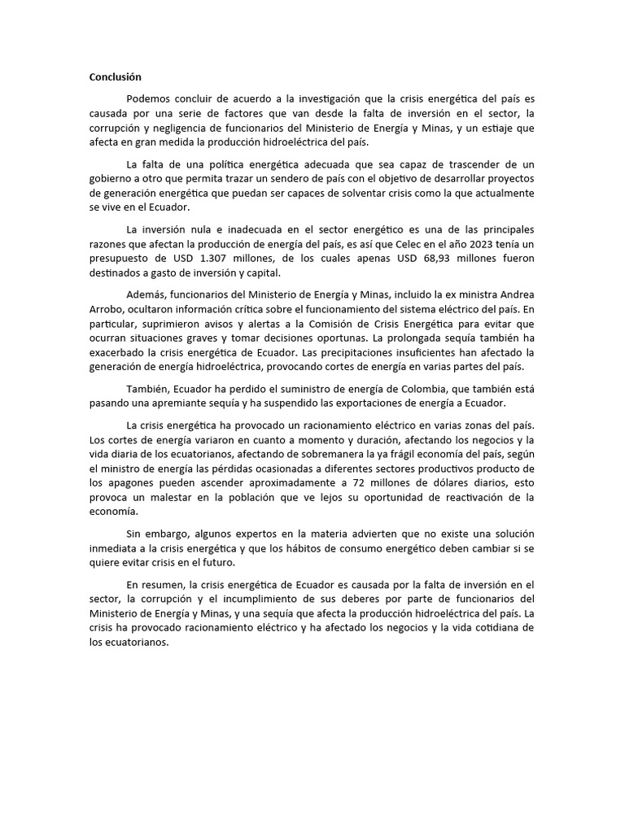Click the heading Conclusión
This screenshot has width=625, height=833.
(x=115, y=77)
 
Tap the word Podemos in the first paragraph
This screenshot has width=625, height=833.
(x=149, y=98)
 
